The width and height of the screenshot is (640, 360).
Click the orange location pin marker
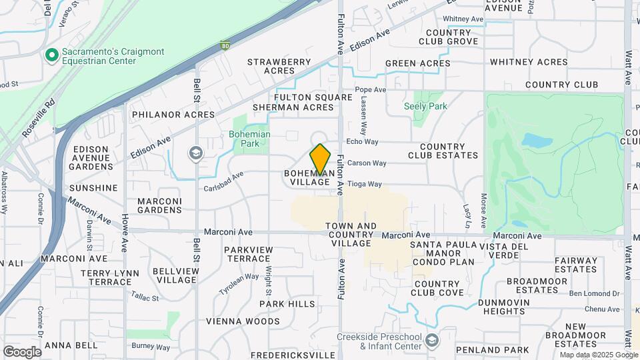point(321,159)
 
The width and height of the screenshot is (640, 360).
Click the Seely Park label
point(425,106)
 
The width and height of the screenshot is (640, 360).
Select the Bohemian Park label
point(250,139)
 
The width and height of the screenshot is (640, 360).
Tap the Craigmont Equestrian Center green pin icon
point(50,55)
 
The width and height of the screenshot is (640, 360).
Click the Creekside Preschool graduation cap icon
point(432,341)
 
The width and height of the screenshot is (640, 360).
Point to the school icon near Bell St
point(195,154)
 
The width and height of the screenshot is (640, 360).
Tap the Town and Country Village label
point(351,235)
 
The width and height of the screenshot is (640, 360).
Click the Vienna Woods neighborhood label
point(243,321)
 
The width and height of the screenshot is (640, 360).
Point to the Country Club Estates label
point(449,151)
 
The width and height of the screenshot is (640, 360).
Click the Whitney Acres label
point(529,62)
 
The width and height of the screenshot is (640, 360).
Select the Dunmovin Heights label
point(511,307)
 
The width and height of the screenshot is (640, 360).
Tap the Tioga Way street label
point(365,184)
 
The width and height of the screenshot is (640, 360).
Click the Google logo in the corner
point(21,351)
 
